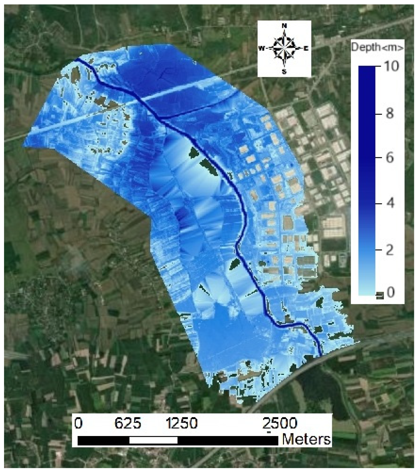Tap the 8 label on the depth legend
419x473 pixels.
pyautogui.click(x=390, y=114)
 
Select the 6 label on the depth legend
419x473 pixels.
pyautogui.click(x=390, y=158)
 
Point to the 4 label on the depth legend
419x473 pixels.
pyautogui.click(x=390, y=203)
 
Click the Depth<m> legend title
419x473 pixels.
pyautogui.click(x=377, y=47)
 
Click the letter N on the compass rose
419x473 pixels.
pyautogui.click(x=284, y=26)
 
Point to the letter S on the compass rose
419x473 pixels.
pyautogui.click(x=284, y=72)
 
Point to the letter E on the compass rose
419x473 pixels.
pyautogui.click(x=306, y=49)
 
